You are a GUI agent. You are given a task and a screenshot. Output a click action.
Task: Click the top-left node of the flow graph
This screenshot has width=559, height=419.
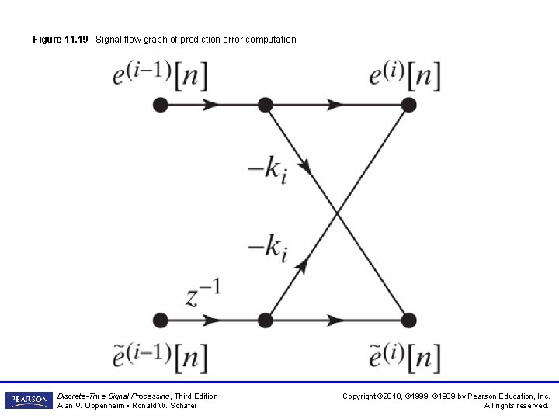click(161, 105)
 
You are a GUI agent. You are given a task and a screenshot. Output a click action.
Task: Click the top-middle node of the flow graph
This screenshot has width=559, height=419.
click(265, 105)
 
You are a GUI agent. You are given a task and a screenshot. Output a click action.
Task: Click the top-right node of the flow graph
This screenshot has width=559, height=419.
click(408, 105)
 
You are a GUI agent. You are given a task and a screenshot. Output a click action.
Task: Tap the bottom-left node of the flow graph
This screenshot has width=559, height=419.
click(161, 319)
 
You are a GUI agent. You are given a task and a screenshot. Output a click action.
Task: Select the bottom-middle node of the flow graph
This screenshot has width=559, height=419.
click(265, 319)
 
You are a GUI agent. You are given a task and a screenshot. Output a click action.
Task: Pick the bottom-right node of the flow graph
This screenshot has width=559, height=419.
click(408, 319)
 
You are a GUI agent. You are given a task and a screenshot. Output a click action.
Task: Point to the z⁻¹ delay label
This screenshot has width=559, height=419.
click(203, 294)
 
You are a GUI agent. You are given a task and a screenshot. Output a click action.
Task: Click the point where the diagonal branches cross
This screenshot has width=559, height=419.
click(337, 212)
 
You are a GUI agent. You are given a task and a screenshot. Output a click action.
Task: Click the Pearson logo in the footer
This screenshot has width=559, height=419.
click(29, 400)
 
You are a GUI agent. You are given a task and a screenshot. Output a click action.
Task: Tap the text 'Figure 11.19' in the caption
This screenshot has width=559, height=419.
click(61, 39)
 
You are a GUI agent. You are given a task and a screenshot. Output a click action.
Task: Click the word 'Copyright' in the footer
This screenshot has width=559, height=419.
click(361, 396)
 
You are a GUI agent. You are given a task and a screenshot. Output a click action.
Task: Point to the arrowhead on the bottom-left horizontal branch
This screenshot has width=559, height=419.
click(210, 319)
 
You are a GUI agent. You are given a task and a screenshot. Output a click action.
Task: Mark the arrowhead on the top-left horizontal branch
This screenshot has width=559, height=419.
click(210, 105)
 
